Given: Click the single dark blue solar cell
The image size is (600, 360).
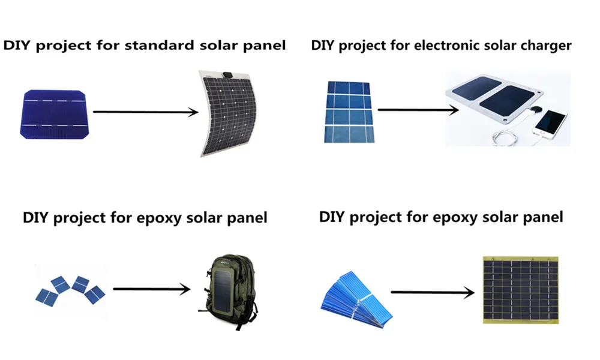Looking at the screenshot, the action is (55, 115).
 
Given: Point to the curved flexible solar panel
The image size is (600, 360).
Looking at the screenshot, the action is (225, 113).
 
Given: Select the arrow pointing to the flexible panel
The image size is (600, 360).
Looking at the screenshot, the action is (145, 112).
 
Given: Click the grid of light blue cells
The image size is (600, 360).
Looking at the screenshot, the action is (349, 112).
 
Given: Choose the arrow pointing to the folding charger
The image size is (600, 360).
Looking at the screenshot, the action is (418, 110).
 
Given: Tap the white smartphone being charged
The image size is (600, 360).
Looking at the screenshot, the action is (550, 122).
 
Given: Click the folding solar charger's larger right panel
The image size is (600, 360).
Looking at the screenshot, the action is (506, 102).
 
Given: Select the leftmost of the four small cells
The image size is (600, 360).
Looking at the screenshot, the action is (46, 297).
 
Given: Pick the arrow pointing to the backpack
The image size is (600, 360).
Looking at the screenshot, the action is (152, 289).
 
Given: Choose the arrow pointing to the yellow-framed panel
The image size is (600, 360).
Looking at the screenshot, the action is (433, 293).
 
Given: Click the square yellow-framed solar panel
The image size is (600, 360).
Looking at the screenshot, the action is (520, 290).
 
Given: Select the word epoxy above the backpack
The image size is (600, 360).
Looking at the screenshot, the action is (159, 218).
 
